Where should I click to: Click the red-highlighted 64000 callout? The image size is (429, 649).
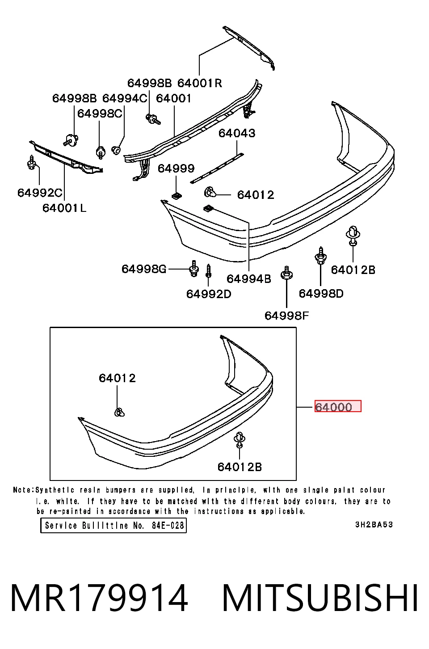pyautogui.click(x=338, y=406)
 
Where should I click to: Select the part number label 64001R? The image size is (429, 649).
pyautogui.click(x=200, y=83)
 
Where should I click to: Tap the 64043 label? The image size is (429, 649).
pyautogui.click(x=237, y=133)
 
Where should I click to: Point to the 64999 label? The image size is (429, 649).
pyautogui.click(x=176, y=169)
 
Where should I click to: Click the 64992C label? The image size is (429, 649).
pyautogui.click(x=40, y=193)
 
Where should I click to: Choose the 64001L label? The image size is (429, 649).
pyautogui.click(x=64, y=208)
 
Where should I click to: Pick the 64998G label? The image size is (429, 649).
pyautogui.click(x=144, y=269)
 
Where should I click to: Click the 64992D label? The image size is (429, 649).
pyautogui.click(x=209, y=294)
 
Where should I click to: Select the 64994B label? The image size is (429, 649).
pyautogui.click(x=249, y=279)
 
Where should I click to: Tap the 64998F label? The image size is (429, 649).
pyautogui.click(x=287, y=316)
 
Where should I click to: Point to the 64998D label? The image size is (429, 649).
pyautogui.click(x=321, y=294)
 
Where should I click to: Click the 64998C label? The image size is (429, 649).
pyautogui.click(x=100, y=114)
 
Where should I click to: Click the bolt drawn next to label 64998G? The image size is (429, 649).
pyautogui.click(x=194, y=269)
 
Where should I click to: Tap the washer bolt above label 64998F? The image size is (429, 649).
pyautogui.click(x=286, y=273)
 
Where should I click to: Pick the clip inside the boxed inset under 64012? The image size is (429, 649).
pyautogui.click(x=119, y=412)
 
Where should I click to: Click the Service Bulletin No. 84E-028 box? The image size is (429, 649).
pyautogui.click(x=114, y=526)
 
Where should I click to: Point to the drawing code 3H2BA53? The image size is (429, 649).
pyautogui.click(x=374, y=525)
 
